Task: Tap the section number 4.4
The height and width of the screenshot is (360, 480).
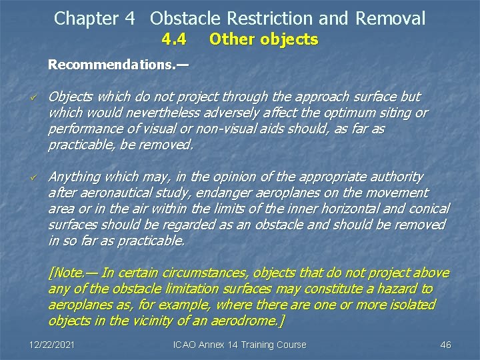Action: click(173, 39)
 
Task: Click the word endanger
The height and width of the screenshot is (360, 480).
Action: click(216, 193)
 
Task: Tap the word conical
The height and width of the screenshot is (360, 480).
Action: click(427, 209)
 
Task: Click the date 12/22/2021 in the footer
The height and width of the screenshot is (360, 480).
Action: click(52, 345)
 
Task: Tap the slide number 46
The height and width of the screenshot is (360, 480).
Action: click(446, 345)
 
